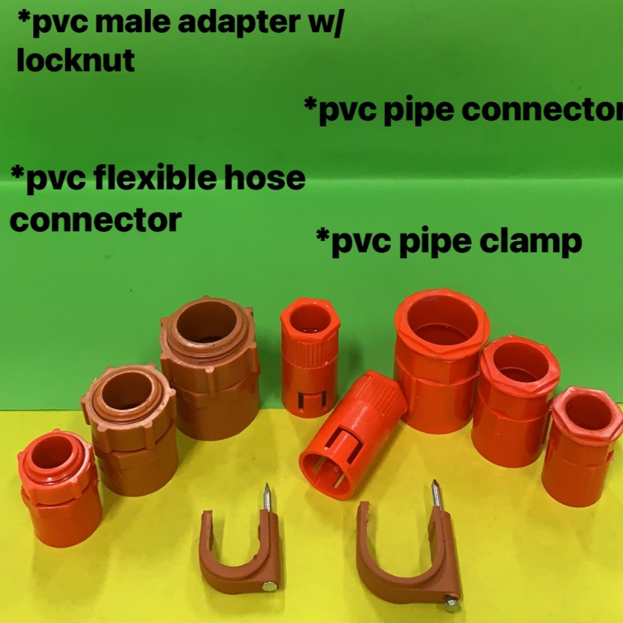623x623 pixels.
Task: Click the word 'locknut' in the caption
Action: (x=76, y=61)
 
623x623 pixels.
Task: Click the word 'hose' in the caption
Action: (x=270, y=179)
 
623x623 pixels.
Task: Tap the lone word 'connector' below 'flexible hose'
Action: (x=96, y=220)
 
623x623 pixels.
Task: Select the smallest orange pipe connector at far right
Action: (x=579, y=446)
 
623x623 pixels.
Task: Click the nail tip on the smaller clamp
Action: (x=266, y=489)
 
